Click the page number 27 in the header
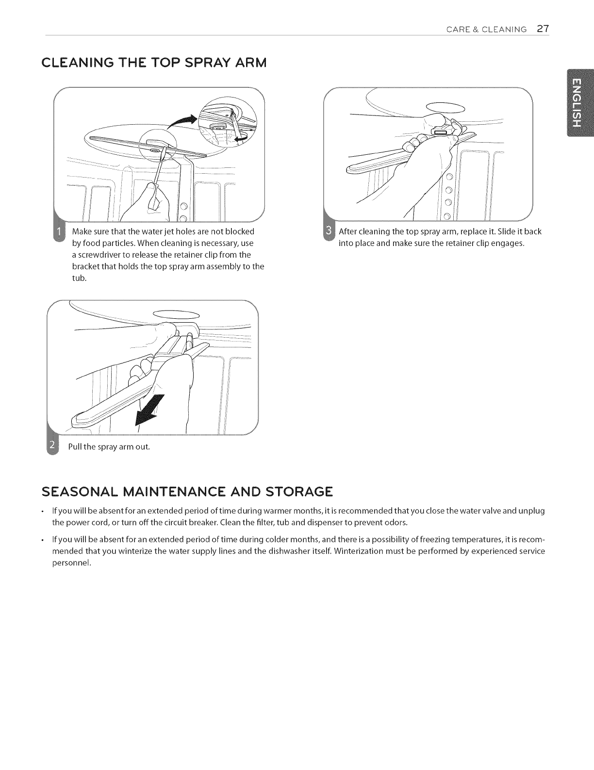[543, 29]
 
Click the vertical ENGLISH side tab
[579, 103]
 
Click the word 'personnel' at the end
[71, 563]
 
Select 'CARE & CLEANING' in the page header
[487, 30]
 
